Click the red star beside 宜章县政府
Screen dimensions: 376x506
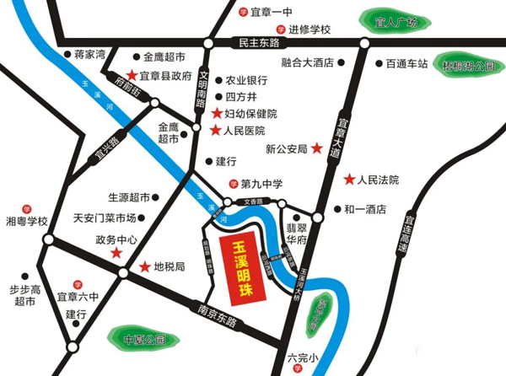(x=132, y=76)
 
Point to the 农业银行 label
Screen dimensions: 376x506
(x=246, y=80)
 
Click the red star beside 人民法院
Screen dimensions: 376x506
(x=349, y=180)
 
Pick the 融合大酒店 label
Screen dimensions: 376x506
(x=308, y=62)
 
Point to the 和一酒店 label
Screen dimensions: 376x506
(x=365, y=208)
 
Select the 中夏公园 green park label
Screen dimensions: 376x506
(x=142, y=341)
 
